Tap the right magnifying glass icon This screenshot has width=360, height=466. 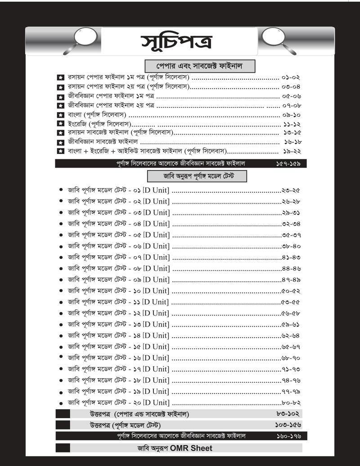(x=274, y=37)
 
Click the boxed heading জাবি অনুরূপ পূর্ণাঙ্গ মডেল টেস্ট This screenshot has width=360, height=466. (x=197, y=175)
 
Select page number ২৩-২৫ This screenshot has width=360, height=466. (x=291, y=190)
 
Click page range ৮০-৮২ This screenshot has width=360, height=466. (x=291, y=403)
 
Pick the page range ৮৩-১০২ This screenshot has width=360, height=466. (x=288, y=414)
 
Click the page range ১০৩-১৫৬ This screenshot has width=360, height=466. (x=288, y=425)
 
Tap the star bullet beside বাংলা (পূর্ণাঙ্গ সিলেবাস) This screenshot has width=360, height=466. (x=60, y=115)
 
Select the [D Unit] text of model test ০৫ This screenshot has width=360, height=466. (x=156, y=235)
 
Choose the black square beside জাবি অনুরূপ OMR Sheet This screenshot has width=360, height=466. (x=63, y=448)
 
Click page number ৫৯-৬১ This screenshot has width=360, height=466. (x=291, y=324)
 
